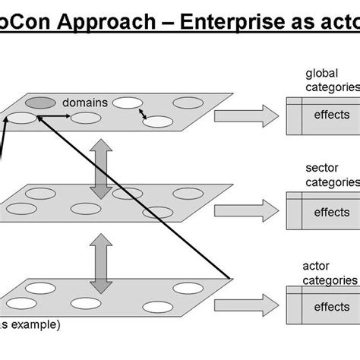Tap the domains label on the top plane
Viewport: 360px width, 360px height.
(84, 102)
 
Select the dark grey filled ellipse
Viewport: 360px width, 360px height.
(40, 103)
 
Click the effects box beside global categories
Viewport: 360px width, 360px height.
(331, 115)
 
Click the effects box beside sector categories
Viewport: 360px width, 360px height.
(331, 213)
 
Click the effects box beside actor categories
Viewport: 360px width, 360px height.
(331, 307)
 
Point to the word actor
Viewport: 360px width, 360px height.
(316, 266)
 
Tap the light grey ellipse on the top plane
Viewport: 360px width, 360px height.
(157, 121)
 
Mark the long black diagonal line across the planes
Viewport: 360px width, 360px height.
(137, 197)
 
